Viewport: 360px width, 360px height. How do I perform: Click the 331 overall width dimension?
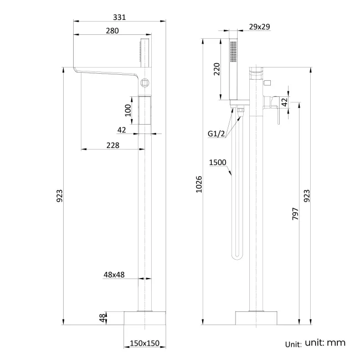(120, 17)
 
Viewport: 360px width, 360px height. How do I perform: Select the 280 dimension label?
(112, 31)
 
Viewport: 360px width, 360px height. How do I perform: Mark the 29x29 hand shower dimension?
(259, 27)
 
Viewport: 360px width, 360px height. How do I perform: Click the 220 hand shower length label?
(217, 69)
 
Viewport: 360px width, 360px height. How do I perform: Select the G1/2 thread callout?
(217, 134)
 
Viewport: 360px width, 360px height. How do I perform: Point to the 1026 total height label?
(199, 186)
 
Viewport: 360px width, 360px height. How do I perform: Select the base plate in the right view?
(256, 318)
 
